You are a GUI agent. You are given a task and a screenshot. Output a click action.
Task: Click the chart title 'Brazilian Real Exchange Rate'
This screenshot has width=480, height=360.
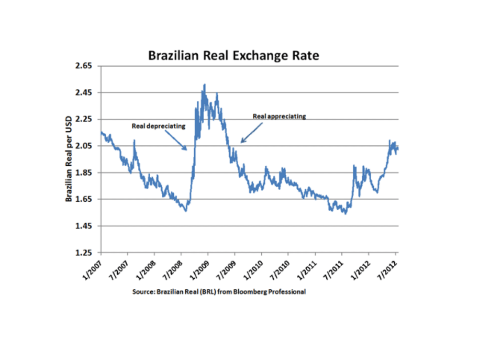click(233, 56)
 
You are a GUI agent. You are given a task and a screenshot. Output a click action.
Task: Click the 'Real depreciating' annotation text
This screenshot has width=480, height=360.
click(158, 126)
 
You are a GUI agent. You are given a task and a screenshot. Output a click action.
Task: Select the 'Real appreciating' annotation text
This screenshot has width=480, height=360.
click(280, 116)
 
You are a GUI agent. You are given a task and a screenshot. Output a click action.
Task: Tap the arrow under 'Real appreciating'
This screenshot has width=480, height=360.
click(251, 132)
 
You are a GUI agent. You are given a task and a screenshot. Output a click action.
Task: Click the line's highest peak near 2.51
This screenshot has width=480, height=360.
click(204, 84)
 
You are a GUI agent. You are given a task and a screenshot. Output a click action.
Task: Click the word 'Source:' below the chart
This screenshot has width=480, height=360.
click(142, 292)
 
